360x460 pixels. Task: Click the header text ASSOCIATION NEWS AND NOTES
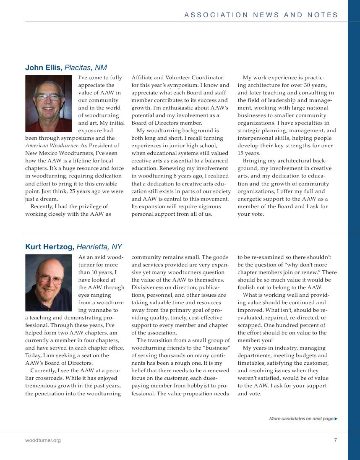click(261, 15)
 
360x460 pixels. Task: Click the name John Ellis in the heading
click(44, 68)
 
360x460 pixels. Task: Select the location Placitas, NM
click(86, 68)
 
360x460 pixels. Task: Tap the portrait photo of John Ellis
click(48, 104)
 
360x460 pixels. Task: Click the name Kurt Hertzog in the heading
click(50, 247)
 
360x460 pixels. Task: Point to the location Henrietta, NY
click(99, 247)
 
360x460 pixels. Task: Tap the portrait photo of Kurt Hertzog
click(48, 282)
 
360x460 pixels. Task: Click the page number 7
click(335, 440)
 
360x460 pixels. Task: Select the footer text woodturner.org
click(43, 440)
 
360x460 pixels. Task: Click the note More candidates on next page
click(301, 418)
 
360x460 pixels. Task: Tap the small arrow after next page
click(336, 418)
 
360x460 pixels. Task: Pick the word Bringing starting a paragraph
click(257, 161)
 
